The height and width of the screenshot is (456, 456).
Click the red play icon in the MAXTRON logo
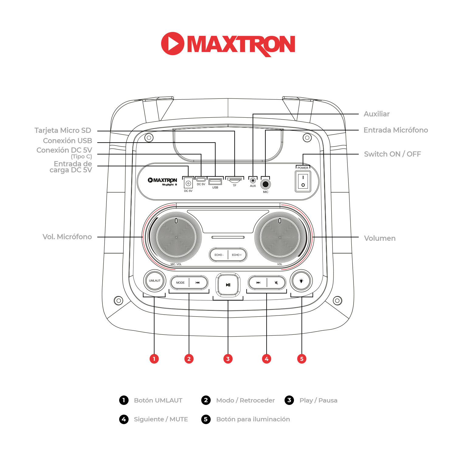(172, 43)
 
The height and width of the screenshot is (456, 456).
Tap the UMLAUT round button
(154, 281)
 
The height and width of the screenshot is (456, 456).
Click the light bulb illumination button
(301, 281)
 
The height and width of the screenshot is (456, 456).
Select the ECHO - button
(219, 255)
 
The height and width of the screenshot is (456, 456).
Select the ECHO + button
(237, 255)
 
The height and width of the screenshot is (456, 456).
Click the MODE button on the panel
(180, 282)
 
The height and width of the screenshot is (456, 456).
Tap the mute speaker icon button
(276, 282)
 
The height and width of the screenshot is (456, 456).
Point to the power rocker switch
(303, 181)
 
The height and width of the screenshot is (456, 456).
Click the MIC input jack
(265, 184)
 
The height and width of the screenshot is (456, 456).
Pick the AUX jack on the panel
(253, 181)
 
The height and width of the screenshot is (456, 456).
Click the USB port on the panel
(215, 181)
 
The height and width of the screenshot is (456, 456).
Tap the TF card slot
(234, 180)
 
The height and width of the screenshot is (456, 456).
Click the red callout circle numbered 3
(228, 359)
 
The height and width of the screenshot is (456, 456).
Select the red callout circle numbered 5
(302, 359)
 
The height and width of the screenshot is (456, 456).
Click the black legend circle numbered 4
(124, 419)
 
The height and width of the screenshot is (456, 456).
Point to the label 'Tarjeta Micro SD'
(63, 130)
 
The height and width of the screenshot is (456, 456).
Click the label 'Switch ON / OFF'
(392, 154)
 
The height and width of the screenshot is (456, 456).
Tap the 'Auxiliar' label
(376, 114)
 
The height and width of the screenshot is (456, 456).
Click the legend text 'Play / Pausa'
(318, 400)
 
